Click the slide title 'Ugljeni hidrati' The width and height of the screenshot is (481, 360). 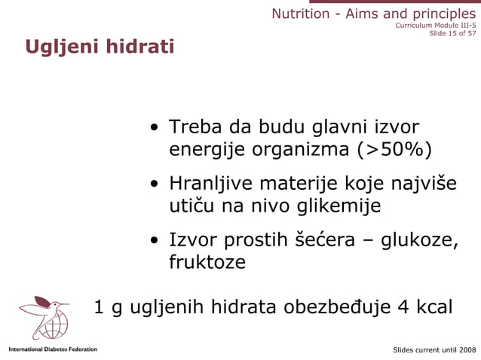click(100, 47)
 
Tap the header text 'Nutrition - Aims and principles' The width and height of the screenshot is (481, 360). click(373, 14)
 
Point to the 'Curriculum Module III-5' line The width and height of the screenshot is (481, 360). click(435, 24)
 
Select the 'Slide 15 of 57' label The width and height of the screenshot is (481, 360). click(452, 33)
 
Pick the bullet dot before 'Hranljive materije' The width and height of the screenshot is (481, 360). click(154, 184)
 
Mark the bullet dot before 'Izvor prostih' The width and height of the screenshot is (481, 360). click(154, 241)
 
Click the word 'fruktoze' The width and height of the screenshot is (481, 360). click(207, 262)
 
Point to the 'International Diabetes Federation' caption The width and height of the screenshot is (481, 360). click(53, 349)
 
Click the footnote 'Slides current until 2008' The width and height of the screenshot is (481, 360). click(435, 350)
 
